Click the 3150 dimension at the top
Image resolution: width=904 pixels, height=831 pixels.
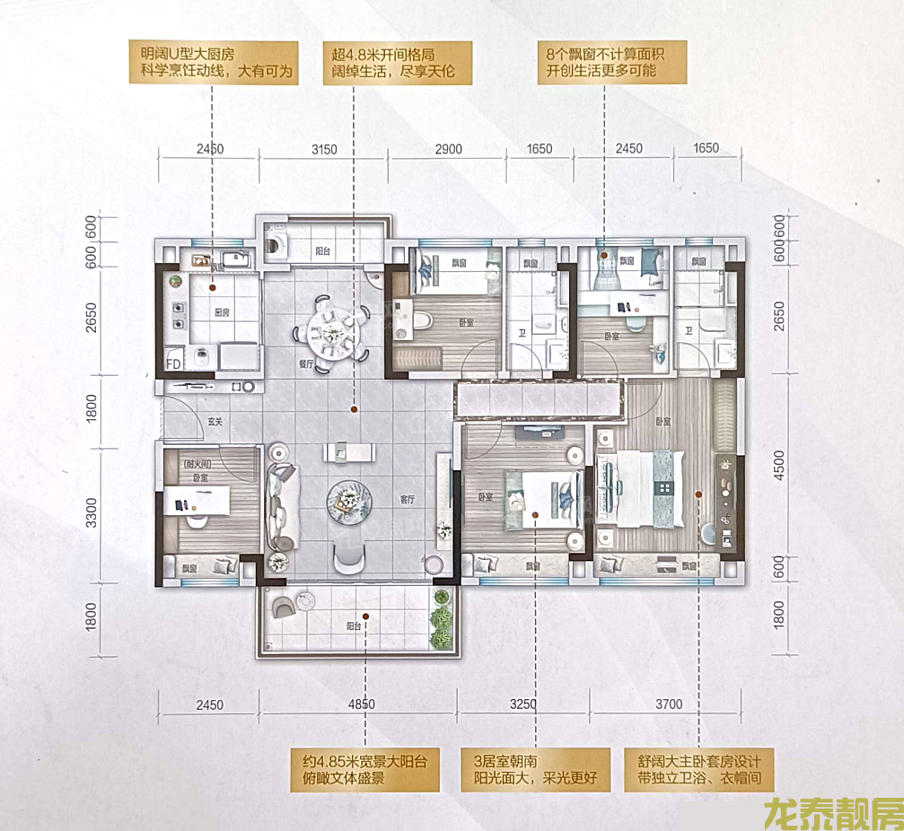point(323,149)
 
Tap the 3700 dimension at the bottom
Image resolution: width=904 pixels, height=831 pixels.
point(668,704)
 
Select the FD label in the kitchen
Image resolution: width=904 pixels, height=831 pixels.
point(175,364)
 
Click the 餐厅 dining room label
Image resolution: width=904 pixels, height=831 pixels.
point(304,365)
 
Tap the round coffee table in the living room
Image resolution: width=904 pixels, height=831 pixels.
point(347,500)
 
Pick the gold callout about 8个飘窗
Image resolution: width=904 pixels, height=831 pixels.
point(612,62)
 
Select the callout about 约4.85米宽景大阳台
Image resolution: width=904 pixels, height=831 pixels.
point(364,769)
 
